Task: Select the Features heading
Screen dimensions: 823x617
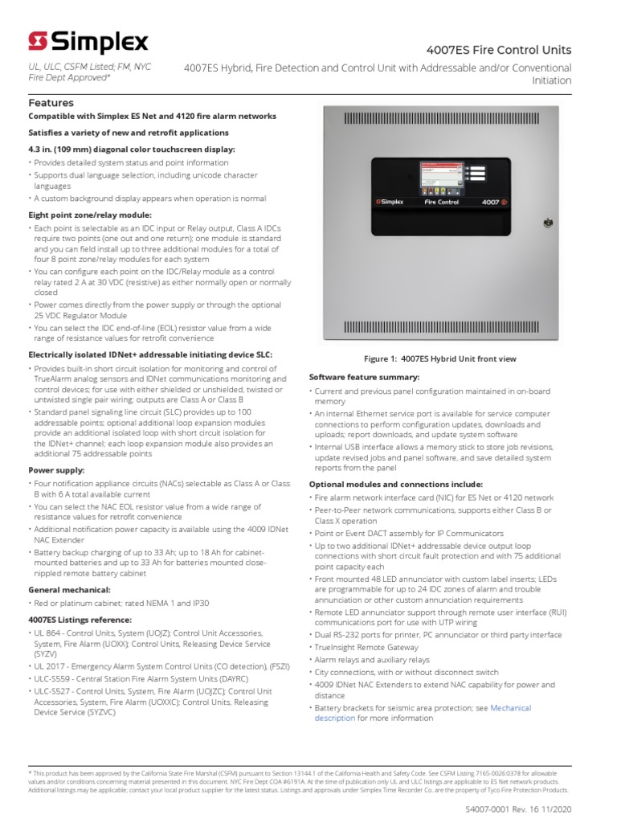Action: coord(51,103)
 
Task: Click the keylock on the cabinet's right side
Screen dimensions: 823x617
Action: coord(546,220)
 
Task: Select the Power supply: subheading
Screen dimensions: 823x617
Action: coord(56,470)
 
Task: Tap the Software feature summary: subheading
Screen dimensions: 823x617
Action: coord(364,376)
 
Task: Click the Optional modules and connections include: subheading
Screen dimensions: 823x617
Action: coord(396,485)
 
